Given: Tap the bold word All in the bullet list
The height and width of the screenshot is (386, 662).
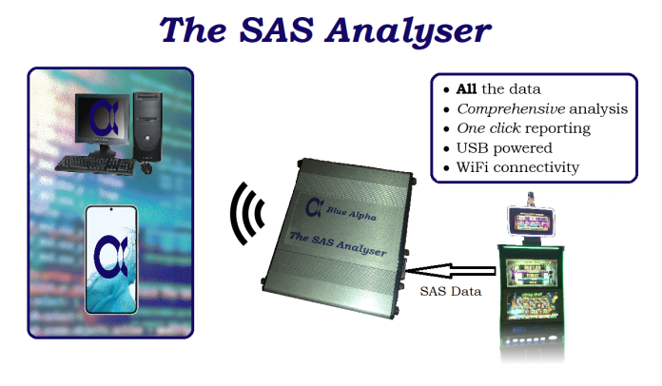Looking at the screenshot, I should (466, 89).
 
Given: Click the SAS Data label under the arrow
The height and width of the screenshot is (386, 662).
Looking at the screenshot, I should (450, 292).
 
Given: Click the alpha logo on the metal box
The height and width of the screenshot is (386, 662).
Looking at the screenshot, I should (314, 205).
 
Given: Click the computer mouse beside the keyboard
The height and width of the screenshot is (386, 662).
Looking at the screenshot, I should (146, 168).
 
